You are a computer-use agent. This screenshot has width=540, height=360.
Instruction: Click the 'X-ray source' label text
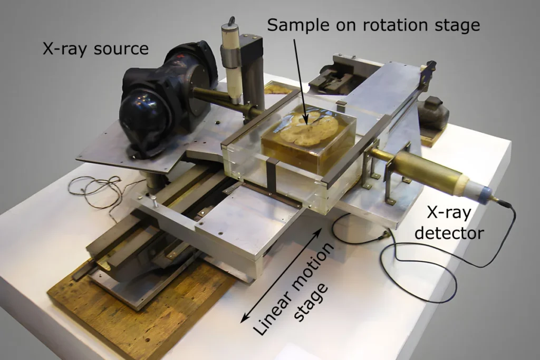coord(96,49)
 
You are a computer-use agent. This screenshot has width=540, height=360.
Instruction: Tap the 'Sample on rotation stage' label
coord(374,25)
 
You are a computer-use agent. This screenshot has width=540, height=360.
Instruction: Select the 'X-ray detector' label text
coord(449,222)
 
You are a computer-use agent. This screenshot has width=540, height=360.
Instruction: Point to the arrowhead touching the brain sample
coord(305,120)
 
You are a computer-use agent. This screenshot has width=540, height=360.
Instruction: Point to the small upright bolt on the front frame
coord(155,202)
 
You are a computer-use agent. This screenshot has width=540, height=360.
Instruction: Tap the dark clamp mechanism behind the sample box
coord(334,79)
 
